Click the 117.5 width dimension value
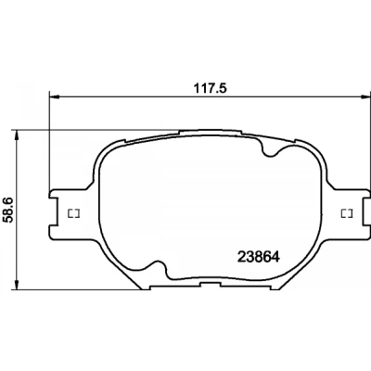point(211,88)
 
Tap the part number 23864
point(259,257)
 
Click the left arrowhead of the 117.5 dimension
point(54,97)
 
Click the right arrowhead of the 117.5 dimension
point(366,96)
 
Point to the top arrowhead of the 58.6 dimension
point(17,134)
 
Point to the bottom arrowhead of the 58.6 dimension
point(17,285)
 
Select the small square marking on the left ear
point(74,213)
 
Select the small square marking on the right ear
point(347,213)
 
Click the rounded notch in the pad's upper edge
point(270,149)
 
